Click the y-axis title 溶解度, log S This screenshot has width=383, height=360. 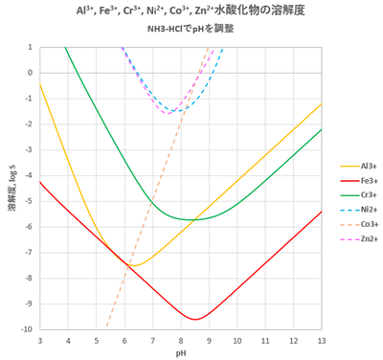pyautogui.click(x=11, y=188)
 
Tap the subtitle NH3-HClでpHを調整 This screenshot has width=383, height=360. pyautogui.click(x=180, y=29)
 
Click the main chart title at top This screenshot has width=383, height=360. pyautogui.click(x=180, y=11)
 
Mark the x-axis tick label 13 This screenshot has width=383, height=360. pyautogui.click(x=321, y=340)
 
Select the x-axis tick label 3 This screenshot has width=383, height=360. pyautogui.click(x=39, y=340)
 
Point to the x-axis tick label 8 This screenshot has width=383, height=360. pyautogui.click(x=180, y=340)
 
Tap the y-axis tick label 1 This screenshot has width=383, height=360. pyautogui.click(x=30, y=47)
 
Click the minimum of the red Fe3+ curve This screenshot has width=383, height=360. pyautogui.click(x=195, y=319)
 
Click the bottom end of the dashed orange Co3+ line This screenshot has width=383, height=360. pyautogui.click(x=106, y=327)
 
